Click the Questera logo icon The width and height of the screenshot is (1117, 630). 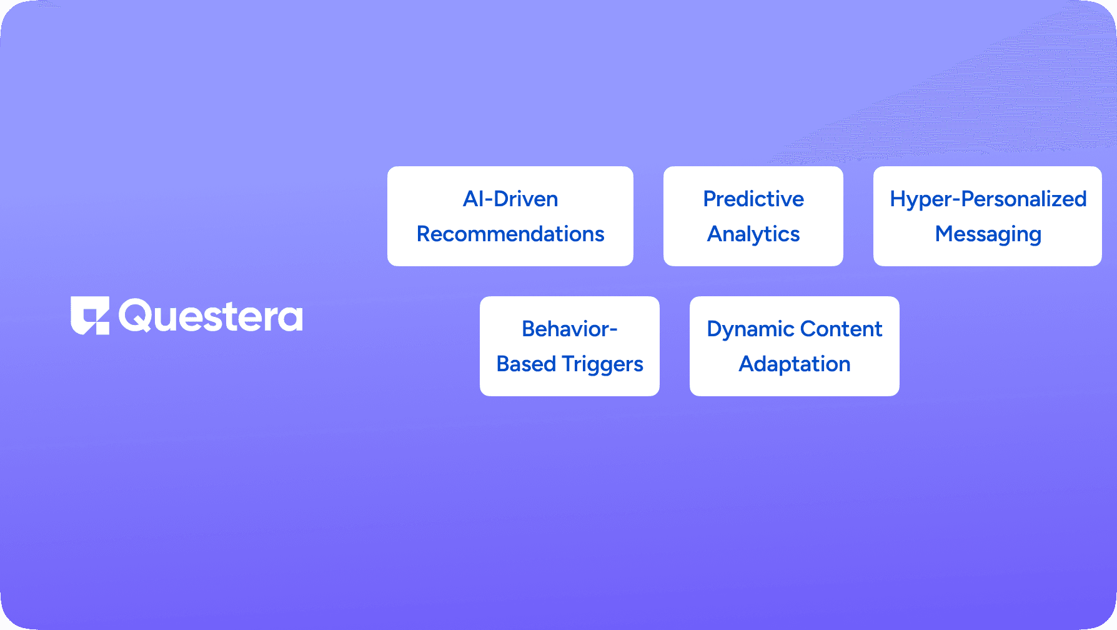coord(90,316)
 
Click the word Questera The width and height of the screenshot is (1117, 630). coord(211,316)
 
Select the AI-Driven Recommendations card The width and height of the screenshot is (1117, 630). coord(510,216)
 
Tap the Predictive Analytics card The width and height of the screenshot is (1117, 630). coord(753,216)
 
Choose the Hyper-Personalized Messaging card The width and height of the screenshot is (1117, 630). coord(988,216)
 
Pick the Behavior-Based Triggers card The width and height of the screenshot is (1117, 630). coord(570,346)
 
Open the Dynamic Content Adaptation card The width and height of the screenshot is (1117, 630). coord(795,346)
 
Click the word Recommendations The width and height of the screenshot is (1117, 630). coord(510,234)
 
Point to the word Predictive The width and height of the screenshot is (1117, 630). coord(753,199)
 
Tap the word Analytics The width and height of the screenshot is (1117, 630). coord(753,234)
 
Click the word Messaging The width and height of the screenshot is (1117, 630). coord(988,234)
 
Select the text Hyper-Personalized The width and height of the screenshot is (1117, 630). coord(988,199)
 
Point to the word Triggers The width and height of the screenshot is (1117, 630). coord(602,364)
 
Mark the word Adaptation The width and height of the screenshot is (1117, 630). coord(795,364)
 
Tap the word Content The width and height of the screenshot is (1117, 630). coord(841,329)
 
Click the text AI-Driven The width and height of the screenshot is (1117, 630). coord(510,199)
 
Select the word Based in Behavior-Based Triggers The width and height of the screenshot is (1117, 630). coord(526,364)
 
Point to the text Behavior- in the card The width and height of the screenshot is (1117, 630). coord(570,329)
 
